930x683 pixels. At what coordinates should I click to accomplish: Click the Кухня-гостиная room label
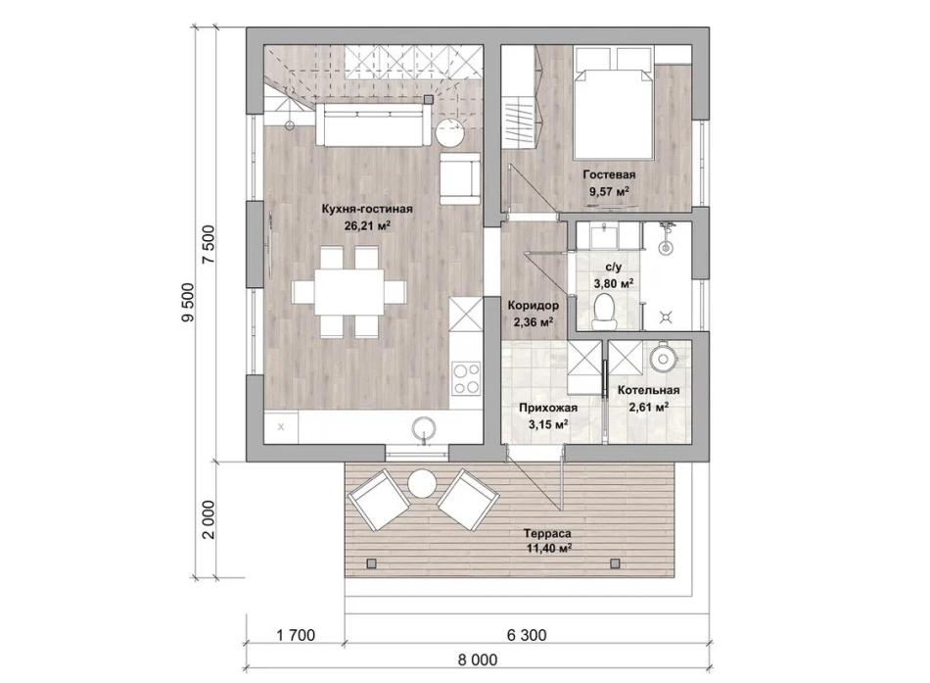366,209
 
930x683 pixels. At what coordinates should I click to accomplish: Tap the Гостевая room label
609,174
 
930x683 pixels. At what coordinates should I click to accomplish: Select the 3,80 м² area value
613,283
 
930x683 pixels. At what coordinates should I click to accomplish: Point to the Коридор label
533,306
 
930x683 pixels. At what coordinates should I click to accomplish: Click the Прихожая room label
548,408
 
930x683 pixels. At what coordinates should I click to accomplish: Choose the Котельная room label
648,390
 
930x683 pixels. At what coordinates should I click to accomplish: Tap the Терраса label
548,533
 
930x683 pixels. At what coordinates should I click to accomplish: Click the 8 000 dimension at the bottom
478,659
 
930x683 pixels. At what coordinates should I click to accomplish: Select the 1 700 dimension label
296,635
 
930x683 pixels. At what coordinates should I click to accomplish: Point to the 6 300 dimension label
527,635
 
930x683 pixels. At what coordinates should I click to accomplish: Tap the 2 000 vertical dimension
209,519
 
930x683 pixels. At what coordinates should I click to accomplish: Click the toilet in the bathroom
604,310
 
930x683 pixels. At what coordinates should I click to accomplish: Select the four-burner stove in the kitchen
466,378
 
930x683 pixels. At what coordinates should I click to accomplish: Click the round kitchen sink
425,428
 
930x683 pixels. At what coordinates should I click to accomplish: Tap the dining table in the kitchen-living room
349,292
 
